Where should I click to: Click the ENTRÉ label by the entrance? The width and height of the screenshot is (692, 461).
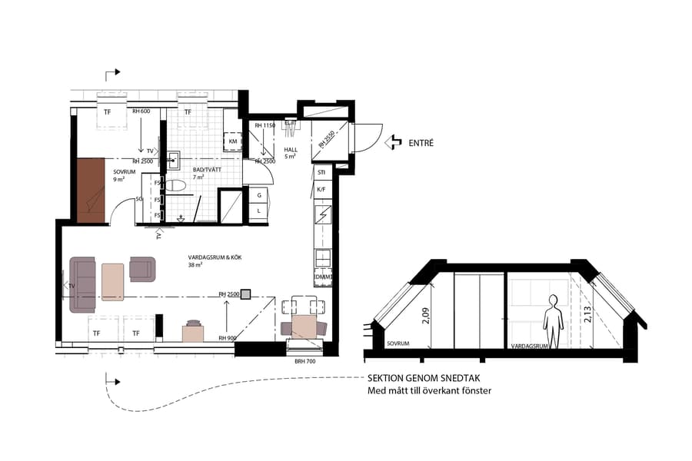pos(422,142)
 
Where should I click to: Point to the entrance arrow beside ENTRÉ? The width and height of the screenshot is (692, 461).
pos(393,141)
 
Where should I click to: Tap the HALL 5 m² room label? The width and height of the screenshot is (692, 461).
pos(291,154)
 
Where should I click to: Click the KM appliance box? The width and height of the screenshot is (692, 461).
pos(232,142)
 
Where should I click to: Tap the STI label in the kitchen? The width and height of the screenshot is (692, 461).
pos(321,172)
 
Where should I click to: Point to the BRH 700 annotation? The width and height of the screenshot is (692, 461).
pos(306,360)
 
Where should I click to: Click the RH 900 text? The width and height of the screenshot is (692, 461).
pos(228,338)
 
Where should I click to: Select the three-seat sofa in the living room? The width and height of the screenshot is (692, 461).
pos(83,284)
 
